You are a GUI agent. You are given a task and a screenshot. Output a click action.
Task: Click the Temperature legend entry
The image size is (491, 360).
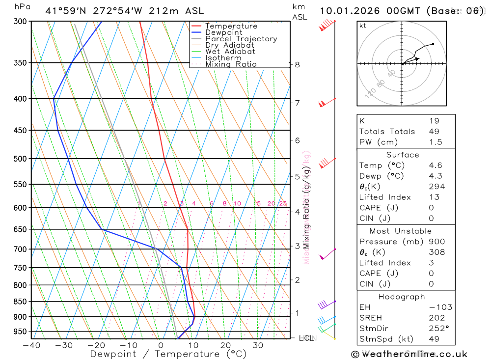coord(231,26)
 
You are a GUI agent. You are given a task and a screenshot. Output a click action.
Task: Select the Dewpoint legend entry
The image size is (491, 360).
coord(223,32)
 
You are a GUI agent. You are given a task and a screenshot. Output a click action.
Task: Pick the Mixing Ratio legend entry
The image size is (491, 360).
coord(231,64)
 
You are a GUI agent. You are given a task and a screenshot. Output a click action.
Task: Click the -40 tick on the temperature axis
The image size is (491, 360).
coord(31,345)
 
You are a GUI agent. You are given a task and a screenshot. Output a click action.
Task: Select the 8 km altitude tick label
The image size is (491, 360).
coord(297,64)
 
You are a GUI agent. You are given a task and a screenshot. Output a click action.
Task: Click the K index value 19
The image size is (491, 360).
coord(434,121)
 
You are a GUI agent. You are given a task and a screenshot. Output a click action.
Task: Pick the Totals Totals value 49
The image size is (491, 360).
coord(434,132)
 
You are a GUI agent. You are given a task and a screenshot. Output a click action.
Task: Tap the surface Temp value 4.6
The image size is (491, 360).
coord(435,166)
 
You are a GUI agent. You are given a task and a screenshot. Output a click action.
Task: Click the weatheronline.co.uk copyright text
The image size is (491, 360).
coord(409,354)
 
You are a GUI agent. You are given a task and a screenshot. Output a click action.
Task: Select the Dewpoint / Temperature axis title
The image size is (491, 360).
coord(168,354)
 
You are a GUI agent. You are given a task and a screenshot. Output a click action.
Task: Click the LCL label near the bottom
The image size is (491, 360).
coord(306,338)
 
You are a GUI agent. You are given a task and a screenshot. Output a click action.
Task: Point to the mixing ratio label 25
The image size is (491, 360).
coord(283,203)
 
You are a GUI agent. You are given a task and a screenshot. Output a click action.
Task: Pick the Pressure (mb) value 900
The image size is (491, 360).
coord(436,242)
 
